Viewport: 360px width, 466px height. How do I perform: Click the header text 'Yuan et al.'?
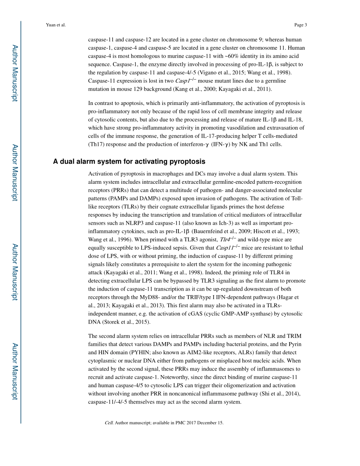(55, 25)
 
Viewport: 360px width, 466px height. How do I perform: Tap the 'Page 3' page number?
(300, 25)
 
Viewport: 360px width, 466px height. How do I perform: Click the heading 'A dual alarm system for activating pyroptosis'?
(129, 162)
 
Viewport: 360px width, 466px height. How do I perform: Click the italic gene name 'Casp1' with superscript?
(186, 81)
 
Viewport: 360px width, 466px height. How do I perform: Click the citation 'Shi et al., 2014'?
(279, 394)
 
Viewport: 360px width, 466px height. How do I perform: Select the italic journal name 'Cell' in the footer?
(108, 423)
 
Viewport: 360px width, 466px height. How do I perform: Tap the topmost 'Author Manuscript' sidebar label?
(14, 73)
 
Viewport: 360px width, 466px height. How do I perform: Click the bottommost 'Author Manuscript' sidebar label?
(14, 371)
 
